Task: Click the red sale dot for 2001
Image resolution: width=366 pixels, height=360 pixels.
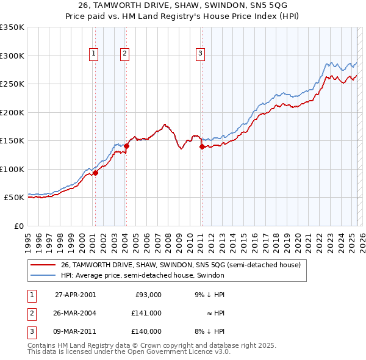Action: [95, 173]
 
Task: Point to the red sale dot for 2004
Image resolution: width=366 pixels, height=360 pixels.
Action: [127, 146]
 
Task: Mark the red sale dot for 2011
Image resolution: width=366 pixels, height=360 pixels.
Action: [202, 146]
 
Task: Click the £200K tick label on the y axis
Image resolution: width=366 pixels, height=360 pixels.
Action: [12, 112]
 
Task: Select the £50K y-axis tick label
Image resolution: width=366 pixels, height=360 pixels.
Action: [14, 198]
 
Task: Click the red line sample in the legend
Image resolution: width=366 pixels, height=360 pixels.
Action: [43, 265]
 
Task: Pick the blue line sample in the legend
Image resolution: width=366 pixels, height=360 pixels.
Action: [43, 276]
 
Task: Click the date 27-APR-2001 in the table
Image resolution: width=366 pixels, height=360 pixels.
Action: [75, 294]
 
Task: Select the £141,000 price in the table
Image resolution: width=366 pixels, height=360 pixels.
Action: [147, 313]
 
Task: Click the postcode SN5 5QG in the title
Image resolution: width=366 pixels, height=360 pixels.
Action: [261, 6]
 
